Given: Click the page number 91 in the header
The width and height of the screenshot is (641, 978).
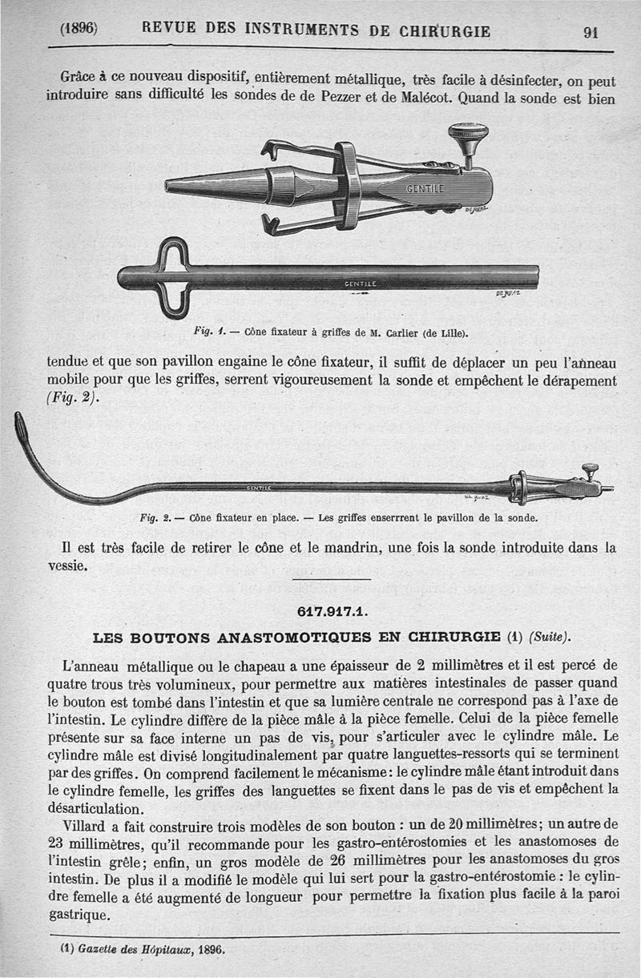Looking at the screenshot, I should (592, 32).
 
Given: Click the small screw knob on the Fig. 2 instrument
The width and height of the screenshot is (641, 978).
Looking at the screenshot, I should (590, 469).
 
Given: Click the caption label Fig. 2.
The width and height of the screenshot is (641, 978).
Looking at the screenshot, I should (153, 518).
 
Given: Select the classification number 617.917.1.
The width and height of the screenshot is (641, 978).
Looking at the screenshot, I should (332, 611).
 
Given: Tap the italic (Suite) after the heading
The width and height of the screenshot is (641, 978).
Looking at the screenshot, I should (549, 638).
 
